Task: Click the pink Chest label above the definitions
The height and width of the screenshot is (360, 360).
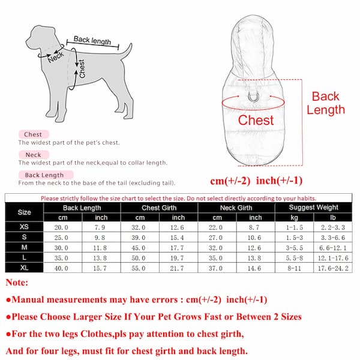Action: point(32,134)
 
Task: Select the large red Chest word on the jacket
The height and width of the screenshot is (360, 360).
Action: point(256,120)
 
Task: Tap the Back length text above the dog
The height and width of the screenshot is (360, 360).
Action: point(92,41)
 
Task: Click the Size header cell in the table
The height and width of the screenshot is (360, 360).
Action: point(25,212)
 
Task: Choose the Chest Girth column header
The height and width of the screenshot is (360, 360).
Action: point(159,207)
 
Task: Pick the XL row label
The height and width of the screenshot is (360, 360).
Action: point(25,268)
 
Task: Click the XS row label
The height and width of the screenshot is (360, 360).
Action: point(25,228)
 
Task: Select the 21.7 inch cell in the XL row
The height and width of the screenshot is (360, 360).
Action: point(178,268)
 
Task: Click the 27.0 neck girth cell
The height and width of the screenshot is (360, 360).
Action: point(216,238)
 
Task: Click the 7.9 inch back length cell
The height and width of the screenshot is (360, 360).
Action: point(101,228)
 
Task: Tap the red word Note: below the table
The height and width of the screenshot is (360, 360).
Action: point(18,283)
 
